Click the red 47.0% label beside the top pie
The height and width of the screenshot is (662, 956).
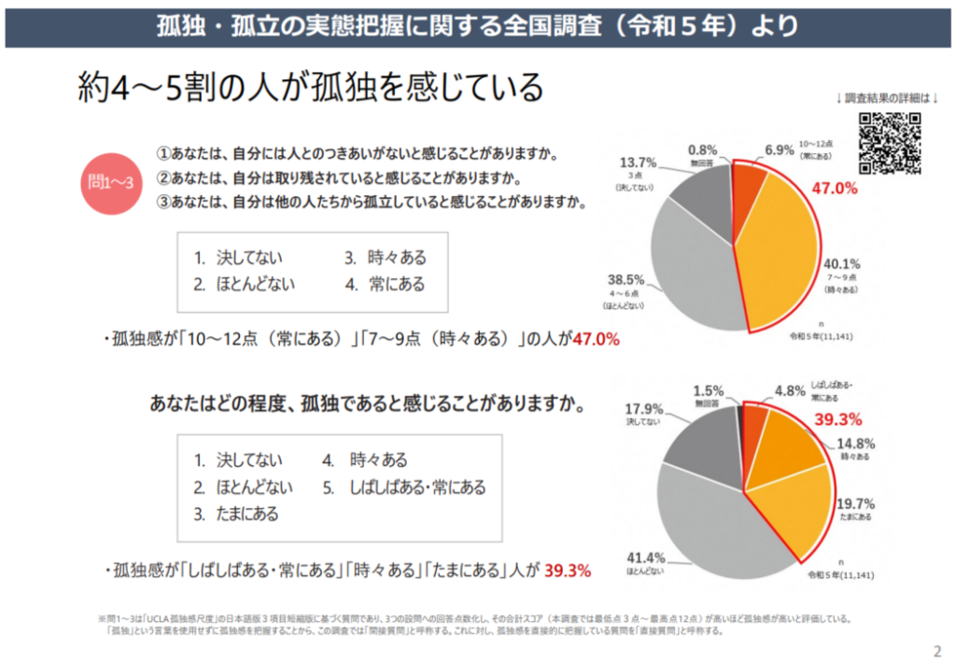(835, 189)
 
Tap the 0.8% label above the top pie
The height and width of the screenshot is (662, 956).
(702, 148)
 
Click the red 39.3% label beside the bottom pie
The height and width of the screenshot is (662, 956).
(837, 419)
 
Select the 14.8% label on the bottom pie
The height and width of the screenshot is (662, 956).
(855, 444)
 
